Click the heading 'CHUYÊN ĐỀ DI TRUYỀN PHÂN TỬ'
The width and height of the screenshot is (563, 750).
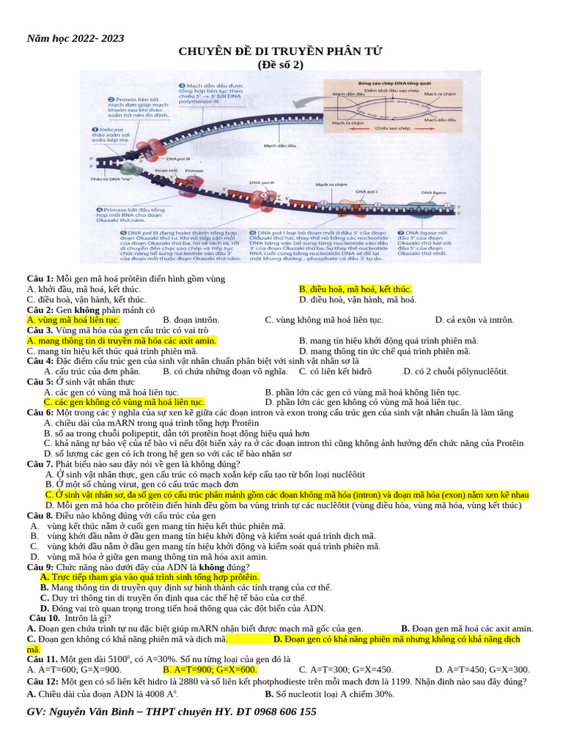point(281,51)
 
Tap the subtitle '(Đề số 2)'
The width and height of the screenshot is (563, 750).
point(280,64)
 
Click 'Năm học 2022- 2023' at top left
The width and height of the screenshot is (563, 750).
point(76,38)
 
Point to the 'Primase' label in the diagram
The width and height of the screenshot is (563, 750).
point(194,171)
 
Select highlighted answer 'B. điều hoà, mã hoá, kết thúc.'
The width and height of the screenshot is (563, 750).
point(356,289)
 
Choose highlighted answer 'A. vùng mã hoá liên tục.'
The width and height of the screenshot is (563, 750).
point(73,320)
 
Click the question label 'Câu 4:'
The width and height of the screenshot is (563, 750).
point(40,361)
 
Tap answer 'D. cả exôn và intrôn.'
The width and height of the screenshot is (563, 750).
point(474,320)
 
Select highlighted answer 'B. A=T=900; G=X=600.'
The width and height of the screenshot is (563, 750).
point(210,669)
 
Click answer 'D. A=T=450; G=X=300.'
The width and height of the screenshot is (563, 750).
point(482,669)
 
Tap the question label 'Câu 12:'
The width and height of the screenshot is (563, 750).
point(41,681)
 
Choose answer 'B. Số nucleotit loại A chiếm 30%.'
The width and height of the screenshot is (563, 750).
point(330,694)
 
